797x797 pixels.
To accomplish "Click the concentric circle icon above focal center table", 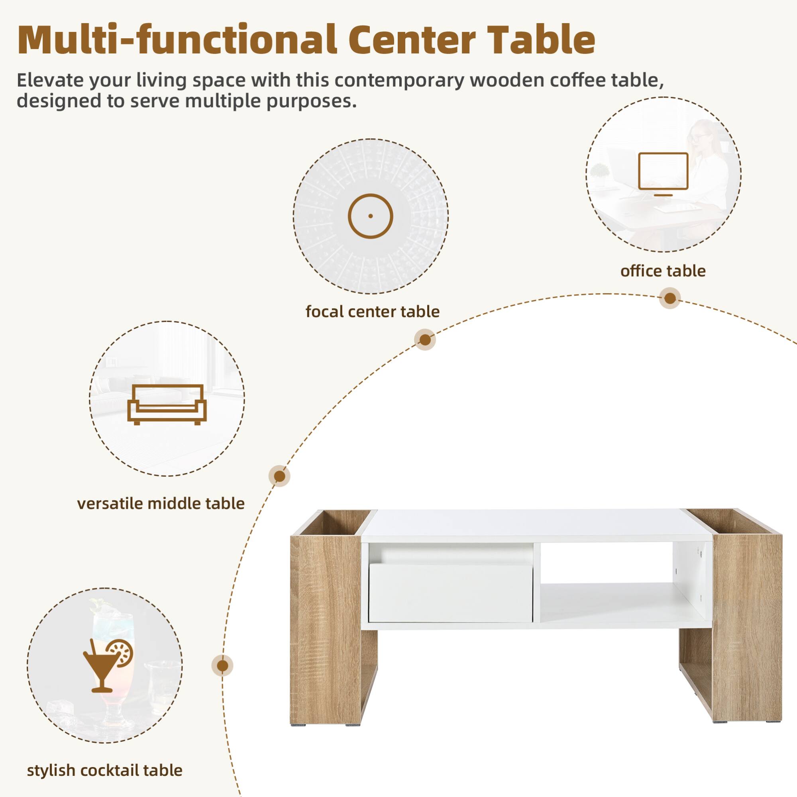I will [370, 216].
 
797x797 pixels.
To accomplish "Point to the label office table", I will [663, 271].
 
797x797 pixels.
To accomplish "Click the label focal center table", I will [372, 312].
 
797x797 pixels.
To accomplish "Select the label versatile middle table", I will [161, 503].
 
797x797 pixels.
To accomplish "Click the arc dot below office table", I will [670, 298].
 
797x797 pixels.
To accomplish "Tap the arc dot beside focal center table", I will [425, 340].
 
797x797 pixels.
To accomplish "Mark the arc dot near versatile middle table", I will [279, 476].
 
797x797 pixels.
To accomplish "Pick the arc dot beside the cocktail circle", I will [222, 666].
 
